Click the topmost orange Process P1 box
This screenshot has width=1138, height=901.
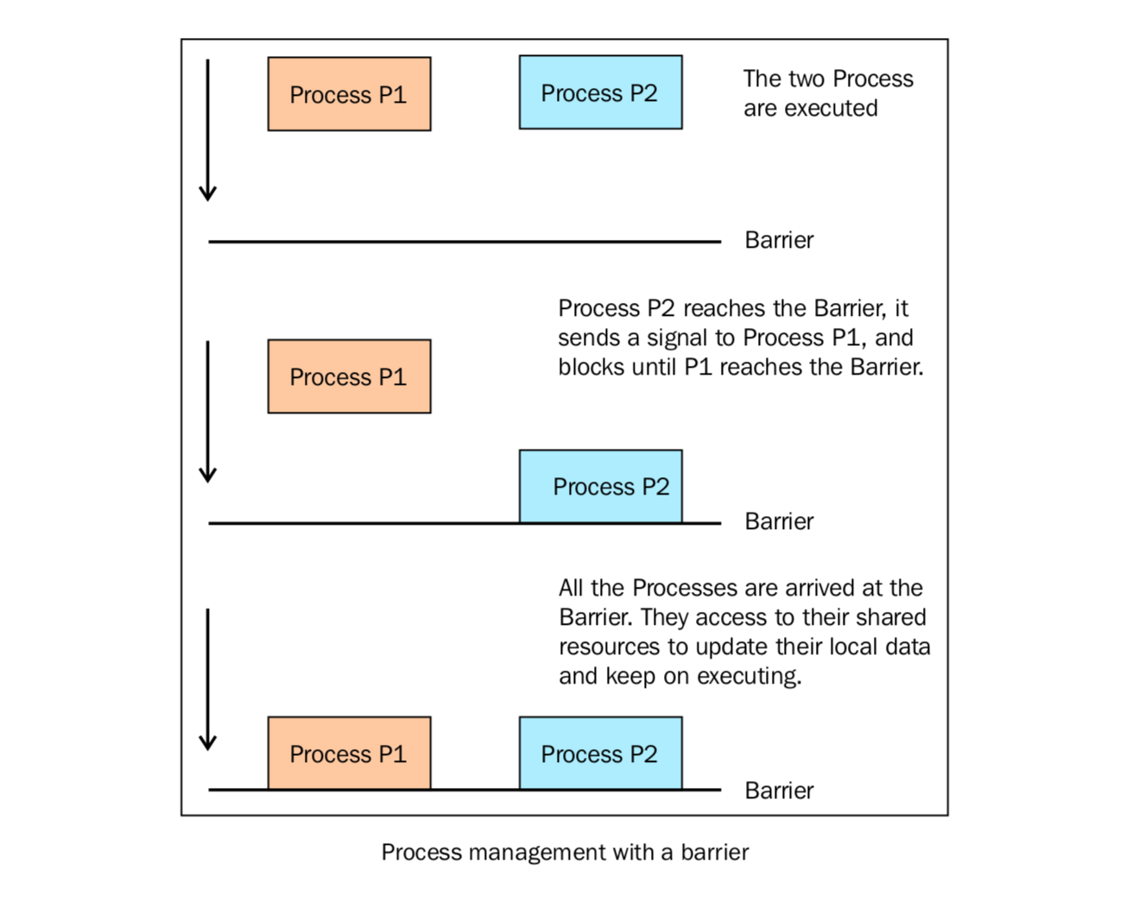(x=349, y=94)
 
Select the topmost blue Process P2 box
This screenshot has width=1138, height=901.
(x=601, y=92)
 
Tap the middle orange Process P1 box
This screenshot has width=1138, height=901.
(x=349, y=376)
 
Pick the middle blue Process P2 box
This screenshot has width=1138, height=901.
(x=601, y=487)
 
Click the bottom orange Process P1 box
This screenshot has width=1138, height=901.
(x=349, y=753)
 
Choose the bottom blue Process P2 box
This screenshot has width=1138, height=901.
(x=601, y=753)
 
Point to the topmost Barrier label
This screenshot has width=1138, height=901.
(x=779, y=240)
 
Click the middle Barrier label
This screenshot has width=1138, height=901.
(x=779, y=521)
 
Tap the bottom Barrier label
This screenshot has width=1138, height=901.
(x=779, y=791)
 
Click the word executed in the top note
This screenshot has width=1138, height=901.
(x=831, y=109)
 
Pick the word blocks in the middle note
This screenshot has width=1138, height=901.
(x=591, y=367)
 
